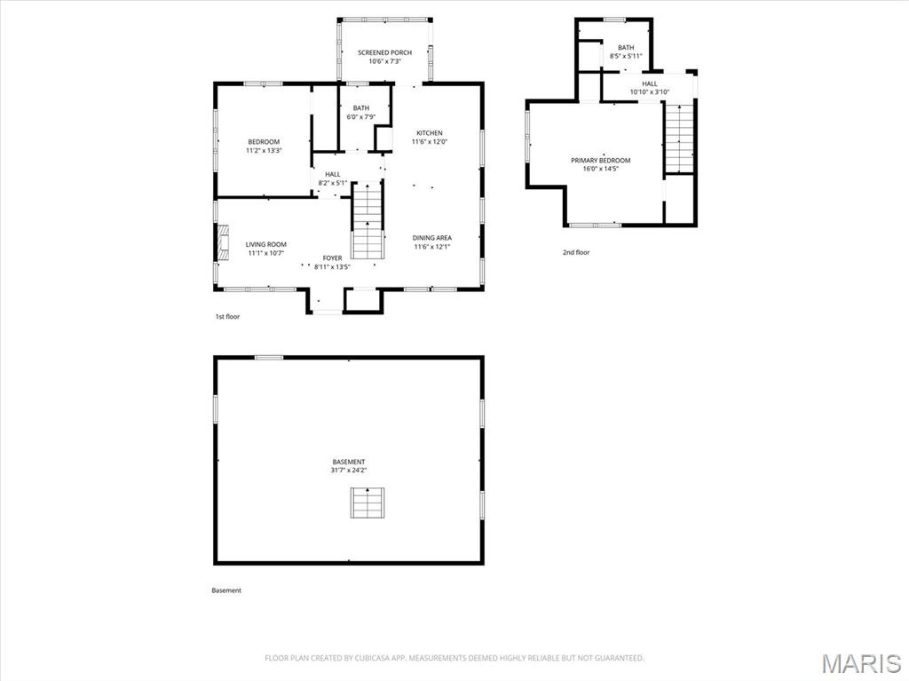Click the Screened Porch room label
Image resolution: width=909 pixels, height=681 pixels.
click(x=384, y=53)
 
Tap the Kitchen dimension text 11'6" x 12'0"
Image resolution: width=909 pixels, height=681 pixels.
click(x=429, y=142)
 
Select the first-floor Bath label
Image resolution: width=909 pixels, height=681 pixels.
click(x=360, y=108)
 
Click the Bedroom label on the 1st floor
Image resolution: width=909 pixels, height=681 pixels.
click(x=264, y=142)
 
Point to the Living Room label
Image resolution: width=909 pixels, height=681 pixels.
click(x=266, y=244)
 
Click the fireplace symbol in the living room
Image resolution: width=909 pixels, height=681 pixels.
click(x=222, y=240)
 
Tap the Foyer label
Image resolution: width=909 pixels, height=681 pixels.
click(x=332, y=257)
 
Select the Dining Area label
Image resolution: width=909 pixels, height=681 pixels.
click(x=432, y=238)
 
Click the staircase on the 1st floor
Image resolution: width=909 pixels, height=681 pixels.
click(x=366, y=222)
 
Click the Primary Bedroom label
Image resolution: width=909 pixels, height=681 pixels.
click(x=600, y=161)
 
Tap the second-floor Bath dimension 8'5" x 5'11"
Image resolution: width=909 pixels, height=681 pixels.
click(x=626, y=57)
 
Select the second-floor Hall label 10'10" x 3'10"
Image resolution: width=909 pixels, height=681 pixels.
click(x=650, y=91)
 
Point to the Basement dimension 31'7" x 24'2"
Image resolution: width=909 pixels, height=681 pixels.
click(x=349, y=471)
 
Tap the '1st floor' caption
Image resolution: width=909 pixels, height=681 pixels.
click(x=227, y=317)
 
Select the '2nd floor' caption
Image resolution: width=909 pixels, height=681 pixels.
click(x=575, y=253)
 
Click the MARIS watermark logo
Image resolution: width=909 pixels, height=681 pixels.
click(x=861, y=663)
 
